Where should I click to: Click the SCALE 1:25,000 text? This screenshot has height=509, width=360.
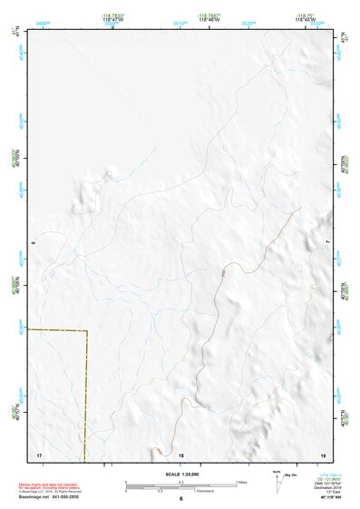pyautogui.click(x=180, y=475)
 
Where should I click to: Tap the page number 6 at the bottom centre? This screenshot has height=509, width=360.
pyautogui.click(x=180, y=499)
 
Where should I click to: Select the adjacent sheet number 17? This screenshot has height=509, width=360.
pyautogui.click(x=39, y=454)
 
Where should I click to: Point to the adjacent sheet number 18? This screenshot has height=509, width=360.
pyautogui.click(x=180, y=454)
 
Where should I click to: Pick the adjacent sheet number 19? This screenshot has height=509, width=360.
pyautogui.click(x=321, y=454)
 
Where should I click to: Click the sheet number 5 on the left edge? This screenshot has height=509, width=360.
pyautogui.click(x=34, y=243)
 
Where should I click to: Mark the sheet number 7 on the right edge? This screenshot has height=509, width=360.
pyautogui.click(x=326, y=243)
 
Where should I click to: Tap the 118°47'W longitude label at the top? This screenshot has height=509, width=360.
pyautogui.click(x=112, y=18)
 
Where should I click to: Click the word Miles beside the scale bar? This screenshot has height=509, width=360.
pyautogui.click(x=242, y=482)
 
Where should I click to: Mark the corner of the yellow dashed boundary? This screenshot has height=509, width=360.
pyautogui.click(x=87, y=331)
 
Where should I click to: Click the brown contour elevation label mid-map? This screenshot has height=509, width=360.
pyautogui.click(x=220, y=267)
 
